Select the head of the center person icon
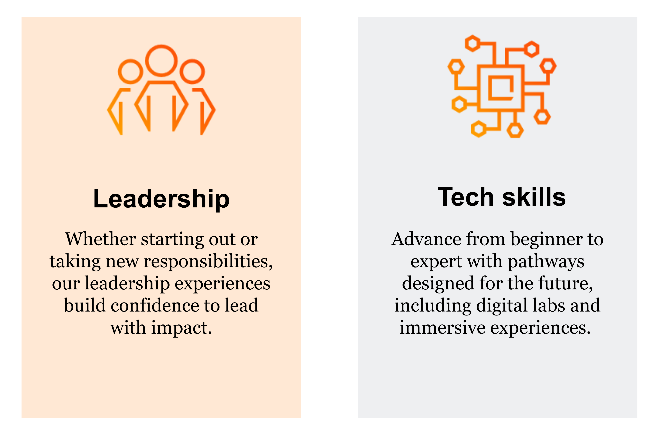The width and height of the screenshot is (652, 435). tap(161, 61)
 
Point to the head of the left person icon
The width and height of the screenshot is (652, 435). tap(130, 72)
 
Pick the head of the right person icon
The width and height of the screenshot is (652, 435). tap(192, 72)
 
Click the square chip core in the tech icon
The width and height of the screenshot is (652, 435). tap(501, 88)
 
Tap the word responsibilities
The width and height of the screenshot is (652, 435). tap(208, 262)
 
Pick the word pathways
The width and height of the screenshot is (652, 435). tap(546, 262)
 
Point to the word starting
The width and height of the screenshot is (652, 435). tap(172, 240)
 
